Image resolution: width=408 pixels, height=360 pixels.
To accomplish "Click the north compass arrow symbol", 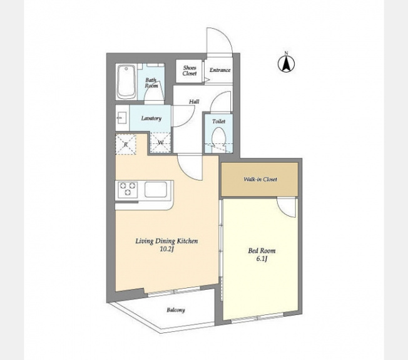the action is click(286, 63).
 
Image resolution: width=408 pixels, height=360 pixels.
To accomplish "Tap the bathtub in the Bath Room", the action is click(126, 82).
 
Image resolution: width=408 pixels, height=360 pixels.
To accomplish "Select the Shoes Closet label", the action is click(190, 71).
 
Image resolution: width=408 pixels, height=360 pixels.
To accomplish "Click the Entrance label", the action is click(220, 70).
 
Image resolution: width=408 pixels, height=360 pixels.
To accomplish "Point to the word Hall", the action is click(194, 101).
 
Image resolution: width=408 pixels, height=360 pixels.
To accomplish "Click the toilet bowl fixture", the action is click(218, 137).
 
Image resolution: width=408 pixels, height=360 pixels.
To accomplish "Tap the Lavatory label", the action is click(151, 118).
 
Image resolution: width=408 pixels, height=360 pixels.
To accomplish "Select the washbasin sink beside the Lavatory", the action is click(121, 118).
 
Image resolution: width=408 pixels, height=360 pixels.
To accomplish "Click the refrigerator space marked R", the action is click(126, 145).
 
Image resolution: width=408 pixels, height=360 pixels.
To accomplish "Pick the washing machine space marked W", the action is click(161, 143).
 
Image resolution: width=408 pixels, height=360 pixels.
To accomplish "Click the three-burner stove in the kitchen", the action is click(128, 188).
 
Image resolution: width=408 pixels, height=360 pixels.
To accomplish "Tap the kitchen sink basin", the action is click(156, 189).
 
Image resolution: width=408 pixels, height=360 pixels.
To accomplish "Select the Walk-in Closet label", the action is click(260, 179).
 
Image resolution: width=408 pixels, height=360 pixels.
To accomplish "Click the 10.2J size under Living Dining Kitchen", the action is click(166, 249).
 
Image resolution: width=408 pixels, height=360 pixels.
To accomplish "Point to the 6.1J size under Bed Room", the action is click(262, 259).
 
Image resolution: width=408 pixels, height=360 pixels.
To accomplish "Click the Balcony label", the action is click(176, 310).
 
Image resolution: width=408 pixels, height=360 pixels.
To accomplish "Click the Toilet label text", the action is click(218, 121).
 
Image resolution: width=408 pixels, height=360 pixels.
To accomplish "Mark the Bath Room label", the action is click(151, 83).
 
